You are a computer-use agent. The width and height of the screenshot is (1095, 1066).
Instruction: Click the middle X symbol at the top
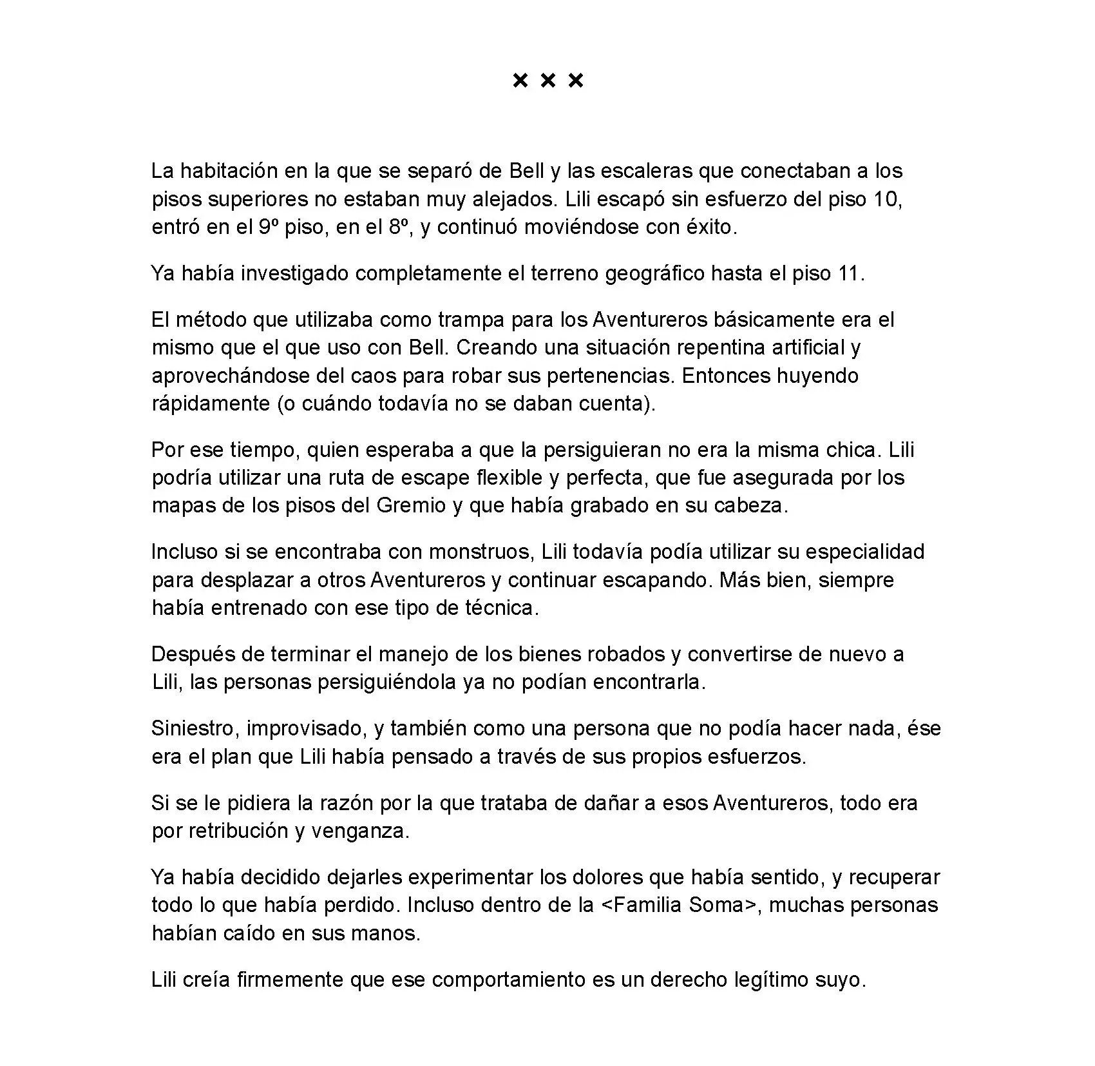tap(547, 81)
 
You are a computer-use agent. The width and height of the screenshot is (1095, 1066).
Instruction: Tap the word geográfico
tap(654, 274)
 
